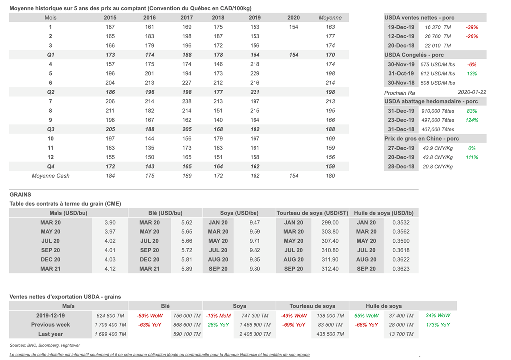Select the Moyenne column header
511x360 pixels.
330,18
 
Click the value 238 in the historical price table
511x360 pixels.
187,101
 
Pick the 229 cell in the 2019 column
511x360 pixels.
255,74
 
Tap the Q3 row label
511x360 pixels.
50,129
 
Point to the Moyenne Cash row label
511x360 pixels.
50,176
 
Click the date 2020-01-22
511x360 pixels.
472,93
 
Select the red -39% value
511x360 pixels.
472,27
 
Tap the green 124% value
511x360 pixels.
472,120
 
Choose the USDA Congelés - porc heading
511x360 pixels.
414,55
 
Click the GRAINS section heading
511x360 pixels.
20,194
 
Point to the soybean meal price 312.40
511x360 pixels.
330,269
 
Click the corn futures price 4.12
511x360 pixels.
110,269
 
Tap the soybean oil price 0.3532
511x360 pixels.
401,223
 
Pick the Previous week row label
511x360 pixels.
50,325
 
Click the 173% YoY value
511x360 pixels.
438,325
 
